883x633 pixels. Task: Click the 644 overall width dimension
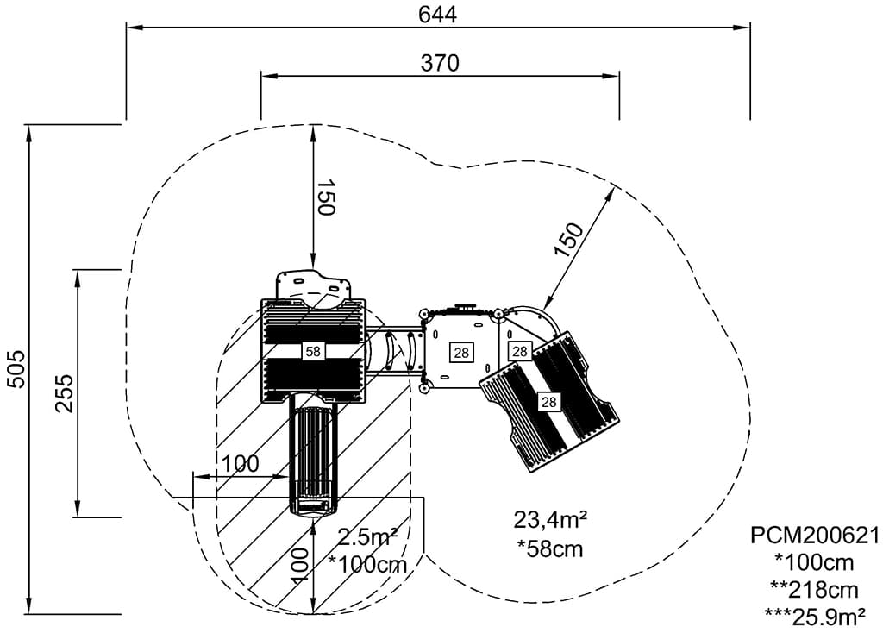[x=437, y=15]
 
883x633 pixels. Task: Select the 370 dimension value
[x=440, y=63]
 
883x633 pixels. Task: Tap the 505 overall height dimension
[x=16, y=371]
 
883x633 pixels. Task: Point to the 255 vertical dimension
[x=65, y=392]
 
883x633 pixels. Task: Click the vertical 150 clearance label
[x=325, y=198]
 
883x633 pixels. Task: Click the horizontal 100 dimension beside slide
[x=240, y=464]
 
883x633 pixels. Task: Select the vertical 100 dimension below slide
[x=299, y=566]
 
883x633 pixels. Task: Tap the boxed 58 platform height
[x=312, y=352]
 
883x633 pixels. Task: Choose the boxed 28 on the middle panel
[x=461, y=352]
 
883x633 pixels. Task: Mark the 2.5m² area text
[x=367, y=537]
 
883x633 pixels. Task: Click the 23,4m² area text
[x=550, y=520]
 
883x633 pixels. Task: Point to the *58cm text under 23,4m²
[x=549, y=548]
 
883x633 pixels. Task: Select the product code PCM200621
[x=815, y=536]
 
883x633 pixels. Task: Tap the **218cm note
[x=815, y=590]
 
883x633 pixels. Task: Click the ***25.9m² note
[x=815, y=617]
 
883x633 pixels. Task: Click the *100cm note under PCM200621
[x=815, y=563]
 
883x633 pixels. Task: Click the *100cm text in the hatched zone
[x=367, y=565]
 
